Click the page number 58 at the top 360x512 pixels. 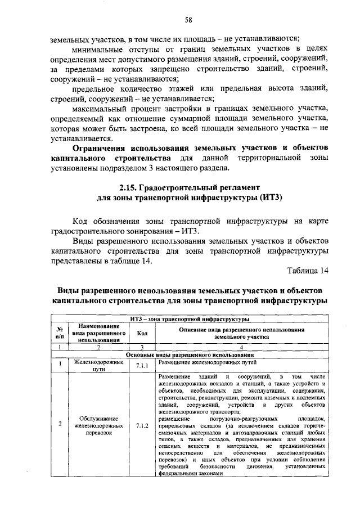(x=189, y=21)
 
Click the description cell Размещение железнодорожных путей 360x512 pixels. (x=200, y=363)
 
